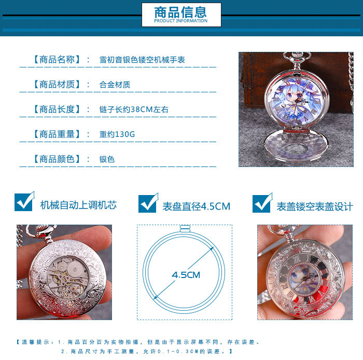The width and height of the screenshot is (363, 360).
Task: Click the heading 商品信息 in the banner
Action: click(x=180, y=12)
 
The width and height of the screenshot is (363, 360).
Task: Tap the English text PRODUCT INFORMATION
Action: click(x=181, y=21)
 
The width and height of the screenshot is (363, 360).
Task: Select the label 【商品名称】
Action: click(x=57, y=60)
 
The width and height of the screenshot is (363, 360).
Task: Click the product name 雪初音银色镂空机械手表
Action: click(x=142, y=60)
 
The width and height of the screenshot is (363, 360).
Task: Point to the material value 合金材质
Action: click(x=115, y=85)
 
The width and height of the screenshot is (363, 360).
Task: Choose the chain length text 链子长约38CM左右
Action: click(x=134, y=109)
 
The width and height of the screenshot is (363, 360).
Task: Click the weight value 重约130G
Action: click(x=117, y=134)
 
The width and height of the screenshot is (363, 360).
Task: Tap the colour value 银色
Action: click(x=107, y=159)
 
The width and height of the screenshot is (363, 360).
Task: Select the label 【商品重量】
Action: click(x=57, y=134)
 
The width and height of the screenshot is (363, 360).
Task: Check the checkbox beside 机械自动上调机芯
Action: click(x=24, y=202)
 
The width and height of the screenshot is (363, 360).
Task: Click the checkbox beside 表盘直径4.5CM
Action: click(x=148, y=203)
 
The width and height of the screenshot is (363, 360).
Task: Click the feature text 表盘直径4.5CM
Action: click(x=197, y=206)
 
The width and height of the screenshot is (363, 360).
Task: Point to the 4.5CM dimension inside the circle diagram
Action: click(x=186, y=275)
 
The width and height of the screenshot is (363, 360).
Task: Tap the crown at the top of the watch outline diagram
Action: click(x=185, y=229)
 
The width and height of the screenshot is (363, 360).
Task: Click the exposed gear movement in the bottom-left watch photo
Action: click(x=67, y=277)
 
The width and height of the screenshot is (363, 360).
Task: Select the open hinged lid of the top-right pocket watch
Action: click(x=296, y=145)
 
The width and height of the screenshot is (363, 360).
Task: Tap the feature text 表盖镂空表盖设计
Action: click(x=315, y=206)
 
